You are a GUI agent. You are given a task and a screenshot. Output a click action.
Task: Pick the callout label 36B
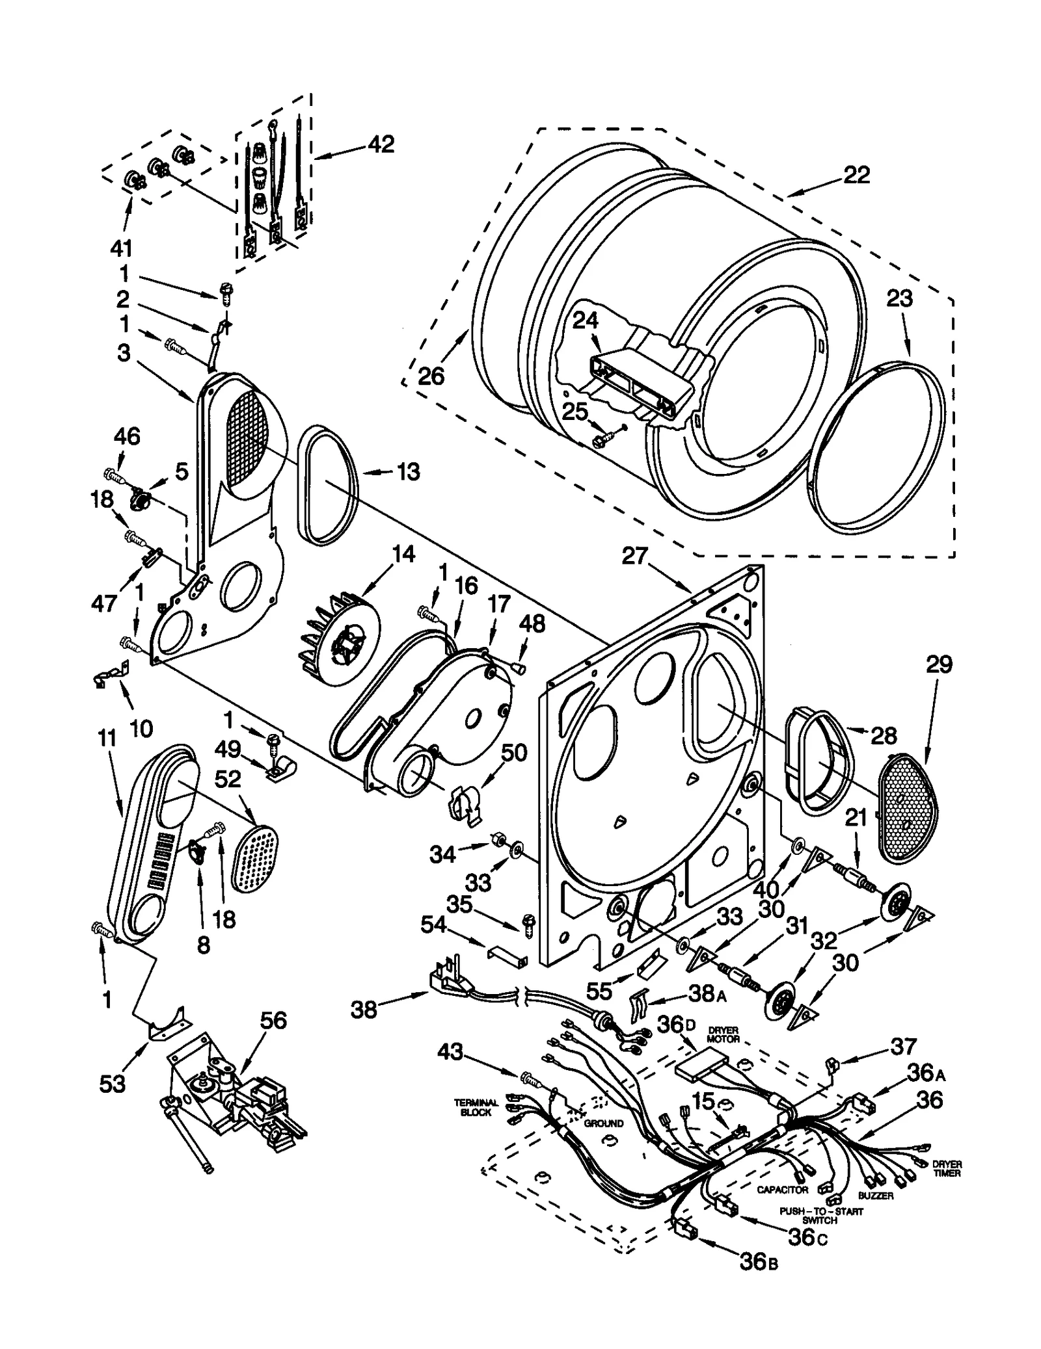point(759,1261)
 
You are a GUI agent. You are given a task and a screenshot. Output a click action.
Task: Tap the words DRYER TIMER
point(946,1168)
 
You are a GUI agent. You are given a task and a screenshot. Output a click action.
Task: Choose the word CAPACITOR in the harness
point(782,1189)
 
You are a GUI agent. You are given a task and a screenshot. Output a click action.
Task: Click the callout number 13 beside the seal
point(408,471)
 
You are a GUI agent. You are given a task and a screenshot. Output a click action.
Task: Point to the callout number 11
point(106,739)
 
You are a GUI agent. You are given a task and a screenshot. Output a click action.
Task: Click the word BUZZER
point(875,1195)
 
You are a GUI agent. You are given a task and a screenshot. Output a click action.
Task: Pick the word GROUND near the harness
point(603,1123)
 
